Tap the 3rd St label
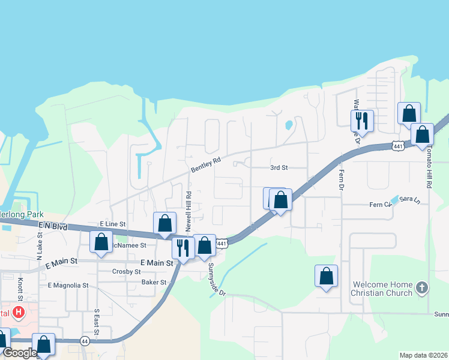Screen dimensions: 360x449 (279, 168)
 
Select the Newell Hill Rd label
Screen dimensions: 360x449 (188, 211)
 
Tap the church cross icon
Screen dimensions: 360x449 (422, 288)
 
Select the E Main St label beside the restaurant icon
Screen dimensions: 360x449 (156, 263)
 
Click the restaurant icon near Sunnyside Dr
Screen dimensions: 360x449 (183, 247)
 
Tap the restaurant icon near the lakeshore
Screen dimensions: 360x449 (362, 119)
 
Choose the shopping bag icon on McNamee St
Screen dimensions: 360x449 (101, 242)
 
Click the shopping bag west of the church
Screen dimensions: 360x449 (326, 276)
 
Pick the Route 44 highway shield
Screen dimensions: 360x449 (85, 341)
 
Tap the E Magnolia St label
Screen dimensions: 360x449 (68, 286)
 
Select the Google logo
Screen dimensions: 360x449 (20, 353)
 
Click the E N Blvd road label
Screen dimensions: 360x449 (51, 226)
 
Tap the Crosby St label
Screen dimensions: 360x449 (126, 272)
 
